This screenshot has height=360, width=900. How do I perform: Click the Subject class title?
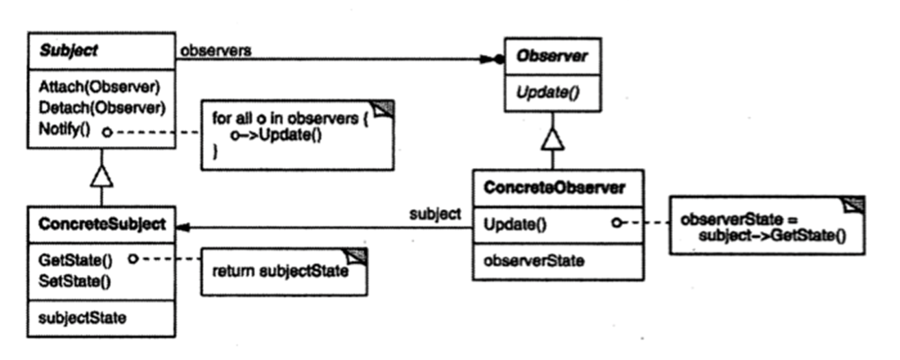[x=69, y=51]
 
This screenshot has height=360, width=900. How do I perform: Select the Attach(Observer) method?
[x=99, y=87]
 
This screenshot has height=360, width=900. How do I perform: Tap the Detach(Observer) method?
[x=102, y=108]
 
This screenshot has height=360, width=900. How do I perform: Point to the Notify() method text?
[x=64, y=130]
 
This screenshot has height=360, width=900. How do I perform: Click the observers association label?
[x=216, y=51]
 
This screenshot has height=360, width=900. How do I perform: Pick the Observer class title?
[x=552, y=56]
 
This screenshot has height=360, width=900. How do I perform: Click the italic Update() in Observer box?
[x=547, y=93]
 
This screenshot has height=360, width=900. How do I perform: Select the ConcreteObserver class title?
[x=554, y=188]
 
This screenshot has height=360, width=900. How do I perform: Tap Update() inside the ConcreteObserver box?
[x=514, y=224]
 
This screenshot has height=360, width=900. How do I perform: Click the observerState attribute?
[x=534, y=261]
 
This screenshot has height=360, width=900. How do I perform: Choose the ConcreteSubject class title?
[x=102, y=224]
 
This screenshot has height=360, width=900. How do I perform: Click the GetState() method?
[x=75, y=261]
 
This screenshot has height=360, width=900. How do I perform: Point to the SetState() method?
[x=75, y=281]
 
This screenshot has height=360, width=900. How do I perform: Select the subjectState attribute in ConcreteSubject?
[x=82, y=318]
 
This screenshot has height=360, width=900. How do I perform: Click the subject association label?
[x=435, y=214]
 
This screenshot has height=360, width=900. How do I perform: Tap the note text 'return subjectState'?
[x=280, y=272]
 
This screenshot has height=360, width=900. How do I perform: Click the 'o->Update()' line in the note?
[x=276, y=135]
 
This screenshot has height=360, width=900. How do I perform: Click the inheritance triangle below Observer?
[x=553, y=139]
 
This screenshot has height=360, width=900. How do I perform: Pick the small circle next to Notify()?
[x=107, y=132]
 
